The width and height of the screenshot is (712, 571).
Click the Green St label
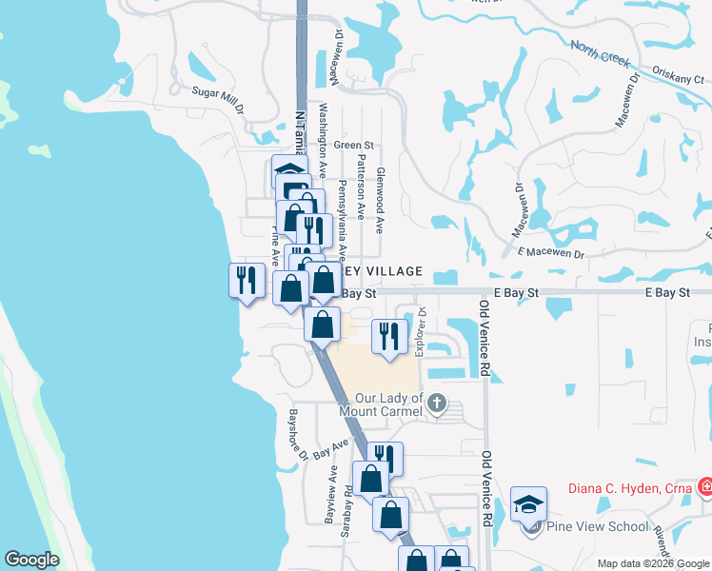(x=348, y=146)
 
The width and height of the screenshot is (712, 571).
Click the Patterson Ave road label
(x=361, y=187)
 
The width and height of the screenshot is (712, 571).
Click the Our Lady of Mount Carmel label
(x=388, y=405)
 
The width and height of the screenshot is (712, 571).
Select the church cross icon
(x=437, y=404)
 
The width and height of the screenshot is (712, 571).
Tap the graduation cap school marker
(x=529, y=504)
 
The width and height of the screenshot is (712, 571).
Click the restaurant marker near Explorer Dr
(x=389, y=337)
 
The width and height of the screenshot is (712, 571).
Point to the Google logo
(x=31, y=560)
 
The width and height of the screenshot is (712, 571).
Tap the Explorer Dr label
(x=420, y=327)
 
